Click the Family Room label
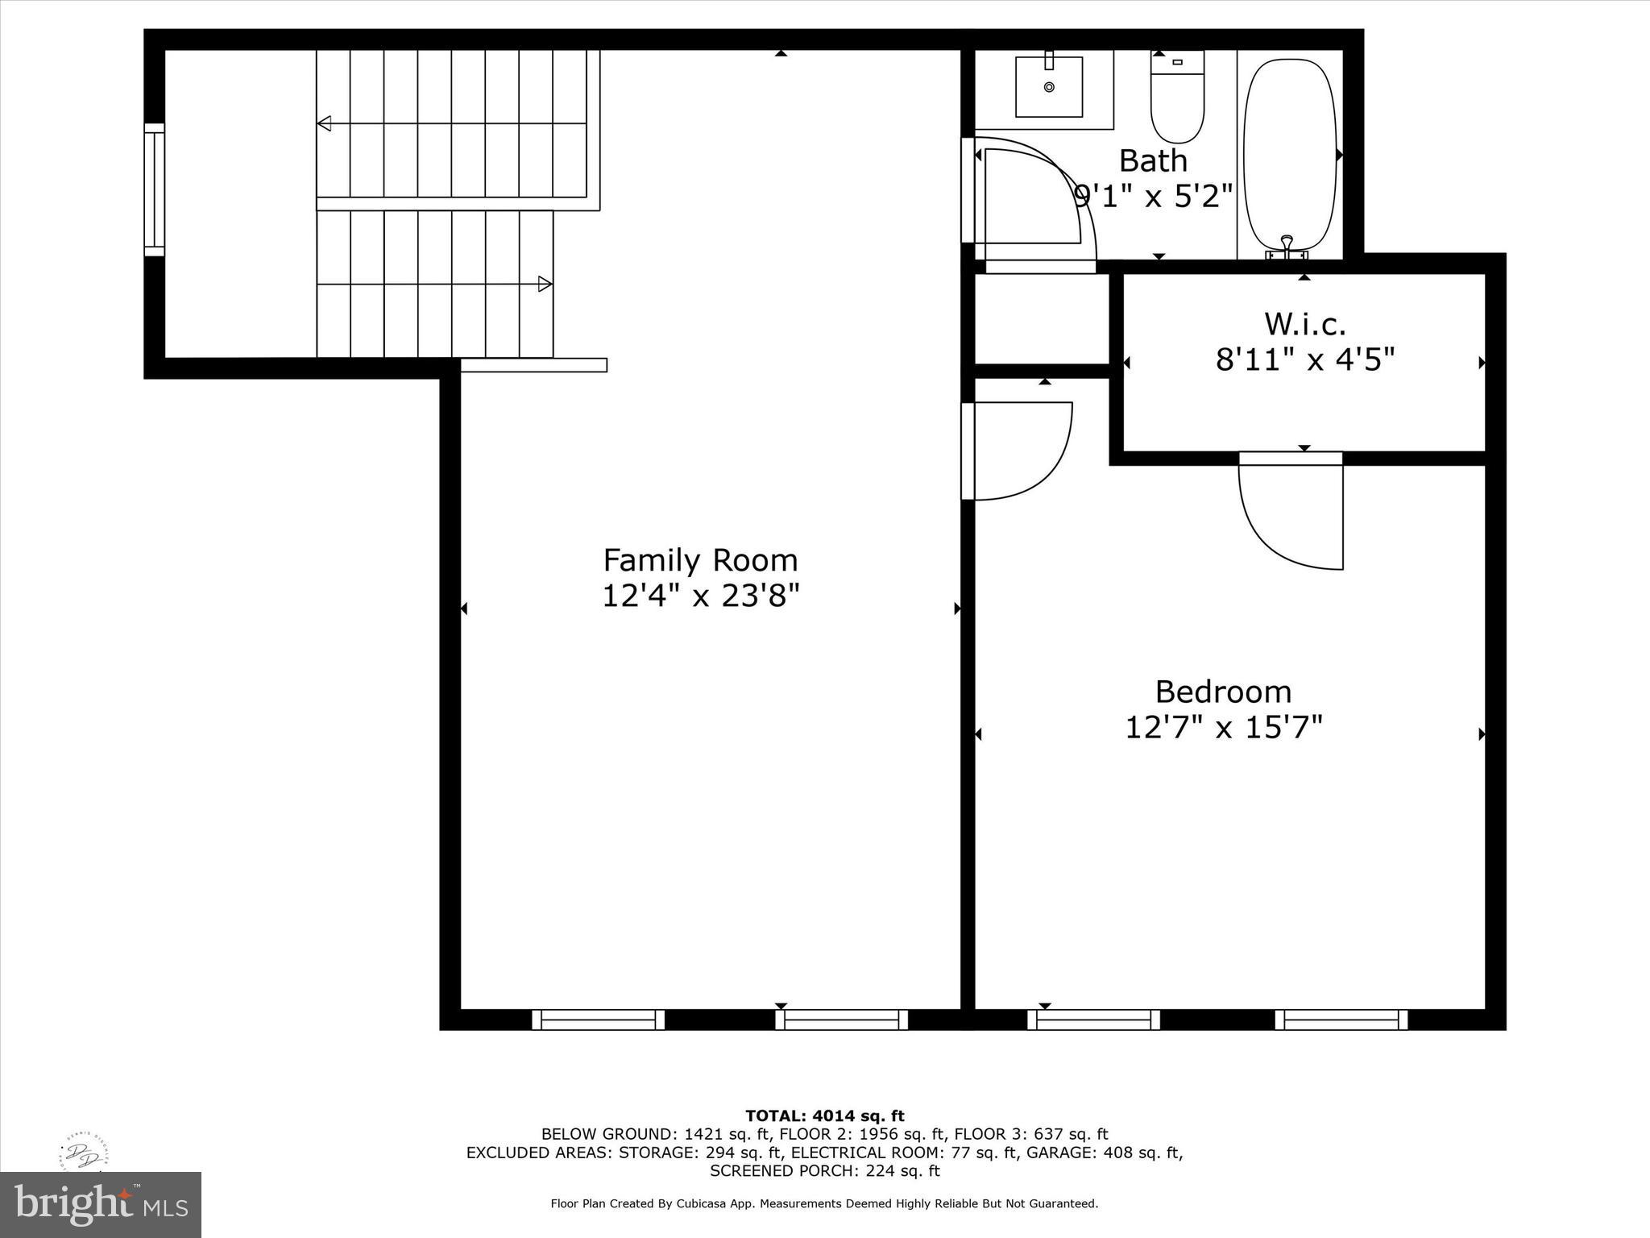(x=700, y=560)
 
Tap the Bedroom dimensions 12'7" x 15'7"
(x=1223, y=728)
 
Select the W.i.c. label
(x=1304, y=324)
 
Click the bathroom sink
(x=1048, y=86)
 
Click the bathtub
(x=1290, y=153)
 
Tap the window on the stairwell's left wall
(x=154, y=189)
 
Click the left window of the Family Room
(x=598, y=1020)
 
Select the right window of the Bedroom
(x=1341, y=1020)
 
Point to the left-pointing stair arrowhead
(x=325, y=123)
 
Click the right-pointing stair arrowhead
(x=545, y=284)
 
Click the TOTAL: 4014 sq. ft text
(x=824, y=1115)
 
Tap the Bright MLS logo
(x=101, y=1204)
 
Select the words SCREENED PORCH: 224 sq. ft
(x=824, y=1170)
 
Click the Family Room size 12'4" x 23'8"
(x=700, y=596)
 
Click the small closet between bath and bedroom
(x=1041, y=318)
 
